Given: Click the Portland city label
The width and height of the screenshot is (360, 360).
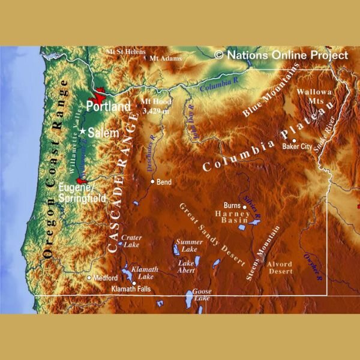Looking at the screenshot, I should [x=108, y=106].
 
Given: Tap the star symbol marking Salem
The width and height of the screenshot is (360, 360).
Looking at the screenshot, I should [x=83, y=131].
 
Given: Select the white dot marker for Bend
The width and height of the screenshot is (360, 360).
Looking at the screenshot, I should [x=152, y=181].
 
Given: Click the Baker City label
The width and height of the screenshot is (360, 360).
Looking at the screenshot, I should [x=298, y=146].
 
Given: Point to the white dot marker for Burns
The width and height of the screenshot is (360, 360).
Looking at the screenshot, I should [x=245, y=207].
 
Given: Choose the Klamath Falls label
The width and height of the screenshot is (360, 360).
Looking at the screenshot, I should [x=131, y=289].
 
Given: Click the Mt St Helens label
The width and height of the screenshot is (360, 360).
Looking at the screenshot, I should [x=125, y=52].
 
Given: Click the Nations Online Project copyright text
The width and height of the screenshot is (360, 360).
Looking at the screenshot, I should [x=281, y=55].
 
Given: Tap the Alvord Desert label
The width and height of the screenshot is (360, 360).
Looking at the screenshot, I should [x=280, y=268].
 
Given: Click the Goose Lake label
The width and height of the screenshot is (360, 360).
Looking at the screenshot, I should [x=202, y=295].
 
